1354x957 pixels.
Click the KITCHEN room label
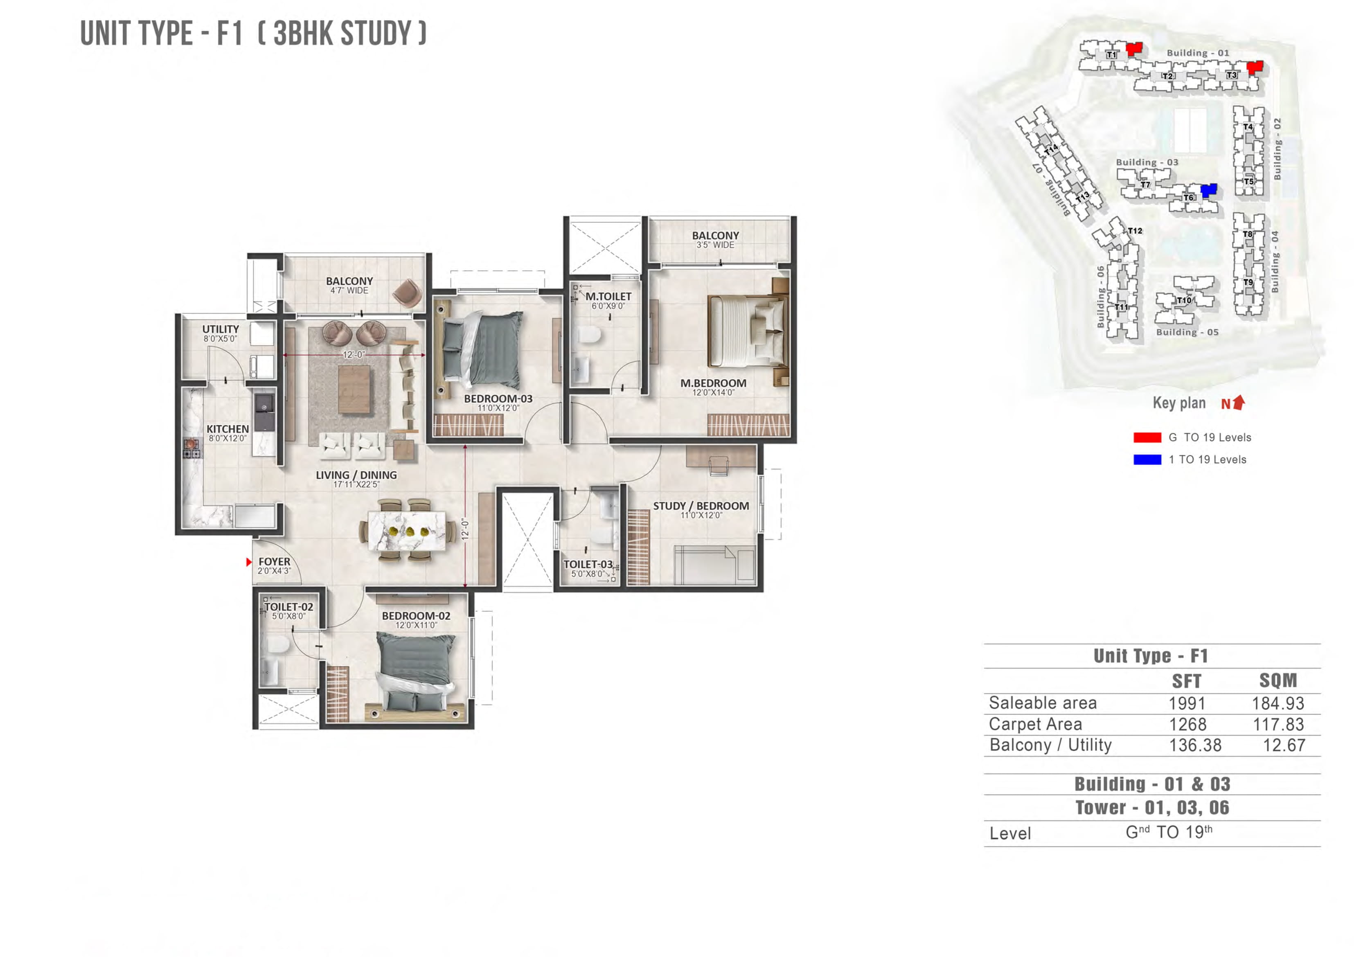[x=228, y=429]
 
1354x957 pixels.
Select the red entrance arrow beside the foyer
[x=249, y=562]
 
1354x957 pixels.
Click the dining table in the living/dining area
[x=406, y=530]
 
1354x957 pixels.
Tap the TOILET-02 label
[x=288, y=607]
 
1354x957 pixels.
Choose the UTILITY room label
[x=221, y=329]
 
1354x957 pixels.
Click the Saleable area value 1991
[x=1187, y=703]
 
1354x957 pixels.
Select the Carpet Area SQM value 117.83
[x=1278, y=724]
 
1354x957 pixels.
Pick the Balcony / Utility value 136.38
[x=1195, y=745]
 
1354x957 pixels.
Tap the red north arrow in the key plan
[x=1239, y=402]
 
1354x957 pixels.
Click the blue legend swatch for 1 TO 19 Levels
[x=1147, y=459]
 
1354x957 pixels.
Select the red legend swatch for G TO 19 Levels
[x=1147, y=437]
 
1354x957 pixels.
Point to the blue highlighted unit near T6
[x=1208, y=189]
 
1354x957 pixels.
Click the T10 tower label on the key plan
[x=1183, y=300]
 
